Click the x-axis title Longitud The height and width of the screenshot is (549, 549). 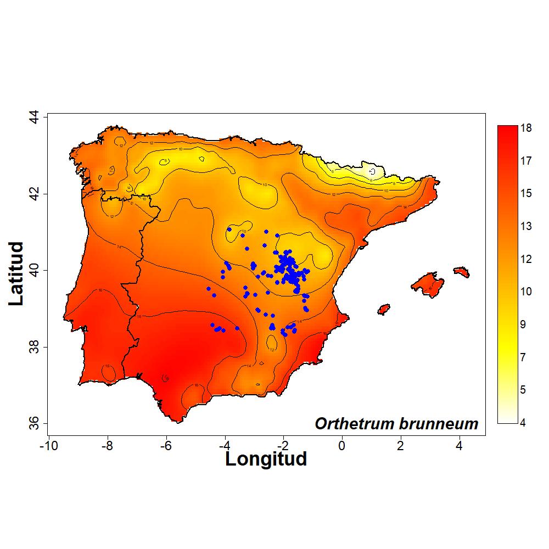pos(266,458)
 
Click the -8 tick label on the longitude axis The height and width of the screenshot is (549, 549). pos(107,445)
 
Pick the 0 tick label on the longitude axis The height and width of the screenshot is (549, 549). pos(341,445)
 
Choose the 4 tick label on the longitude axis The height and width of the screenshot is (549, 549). pos(459,445)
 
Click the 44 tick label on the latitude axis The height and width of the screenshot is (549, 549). pos(33,117)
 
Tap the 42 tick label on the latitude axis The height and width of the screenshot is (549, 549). pos(33,194)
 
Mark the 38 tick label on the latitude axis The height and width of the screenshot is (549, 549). pos(33,347)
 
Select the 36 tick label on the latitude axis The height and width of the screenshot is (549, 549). pos(33,423)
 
